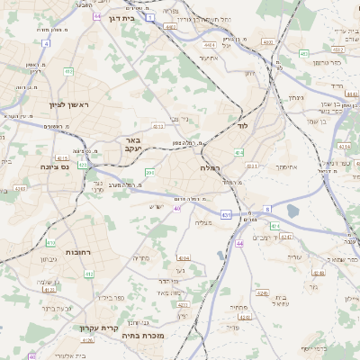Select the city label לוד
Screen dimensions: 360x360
(x=241, y=125)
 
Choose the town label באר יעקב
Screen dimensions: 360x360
(x=133, y=145)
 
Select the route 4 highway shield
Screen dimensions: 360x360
(x=46, y=42)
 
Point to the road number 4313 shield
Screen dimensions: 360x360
(x=158, y=127)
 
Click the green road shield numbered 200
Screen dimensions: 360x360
(x=149, y=173)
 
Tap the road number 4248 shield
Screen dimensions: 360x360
(x=261, y=292)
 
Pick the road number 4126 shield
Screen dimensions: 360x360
(x=87, y=340)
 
